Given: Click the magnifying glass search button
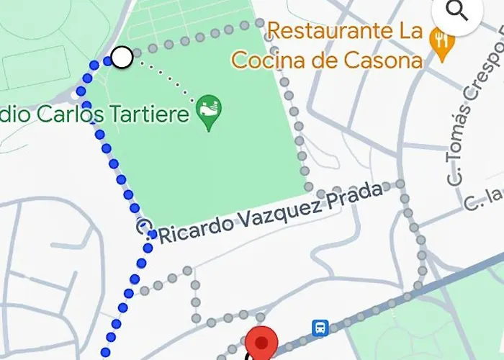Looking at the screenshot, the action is click(457, 12).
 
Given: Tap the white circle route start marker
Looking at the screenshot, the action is click(122, 57).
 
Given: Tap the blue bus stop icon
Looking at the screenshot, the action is click(320, 328).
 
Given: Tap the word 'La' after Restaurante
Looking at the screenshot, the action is click(410, 32).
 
